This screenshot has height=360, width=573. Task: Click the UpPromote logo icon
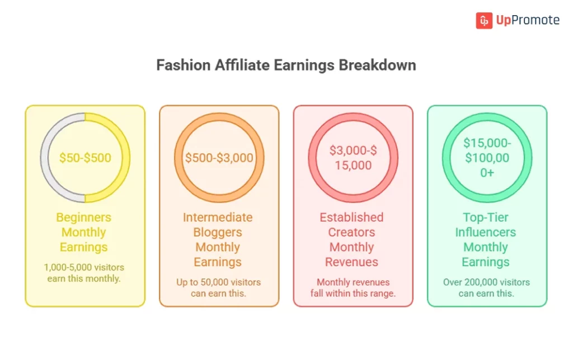click(484, 21)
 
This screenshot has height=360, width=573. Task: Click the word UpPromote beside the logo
click(528, 21)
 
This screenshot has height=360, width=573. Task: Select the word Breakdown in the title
click(378, 65)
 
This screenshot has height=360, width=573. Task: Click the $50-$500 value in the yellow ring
click(85, 158)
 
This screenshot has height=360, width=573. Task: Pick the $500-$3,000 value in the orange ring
click(219, 158)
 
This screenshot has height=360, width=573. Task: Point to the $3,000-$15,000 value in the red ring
click(353, 158)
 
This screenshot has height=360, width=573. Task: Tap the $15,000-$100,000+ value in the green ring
click(487, 158)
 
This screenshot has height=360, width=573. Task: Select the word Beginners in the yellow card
click(84, 217)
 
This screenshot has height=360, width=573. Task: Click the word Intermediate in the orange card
click(218, 217)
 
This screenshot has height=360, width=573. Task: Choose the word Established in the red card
click(352, 217)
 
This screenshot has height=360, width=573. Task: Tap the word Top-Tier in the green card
click(486, 217)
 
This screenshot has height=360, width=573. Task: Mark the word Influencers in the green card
click(486, 232)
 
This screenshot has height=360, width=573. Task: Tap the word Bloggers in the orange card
click(218, 232)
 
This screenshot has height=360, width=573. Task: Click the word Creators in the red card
click(352, 232)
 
